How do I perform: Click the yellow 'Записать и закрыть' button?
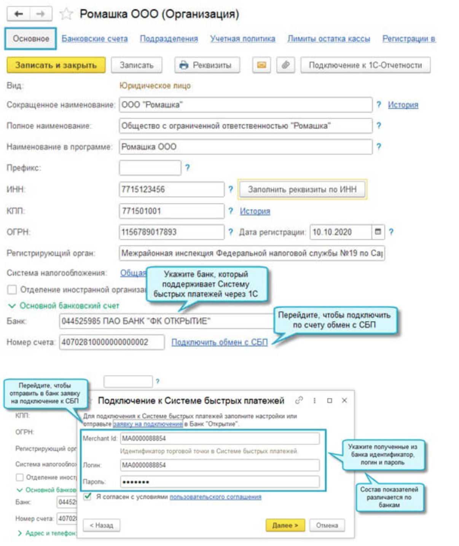56,65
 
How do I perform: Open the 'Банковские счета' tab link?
94,38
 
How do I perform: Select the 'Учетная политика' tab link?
242,38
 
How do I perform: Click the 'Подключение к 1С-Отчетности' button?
365,65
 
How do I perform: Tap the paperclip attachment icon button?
285,65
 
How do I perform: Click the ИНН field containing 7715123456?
171,189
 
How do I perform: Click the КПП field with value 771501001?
171,211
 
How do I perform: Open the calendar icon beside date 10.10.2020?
378,232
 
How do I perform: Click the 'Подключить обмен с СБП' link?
219,342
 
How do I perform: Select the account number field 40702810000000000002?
112,342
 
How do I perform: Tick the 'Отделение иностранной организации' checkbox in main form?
12,290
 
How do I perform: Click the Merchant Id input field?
220,438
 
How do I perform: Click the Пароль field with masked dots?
220,482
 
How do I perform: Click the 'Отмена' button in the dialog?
327,525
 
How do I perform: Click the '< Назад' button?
102,525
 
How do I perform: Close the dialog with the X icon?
344,401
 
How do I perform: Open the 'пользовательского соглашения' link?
215,497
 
